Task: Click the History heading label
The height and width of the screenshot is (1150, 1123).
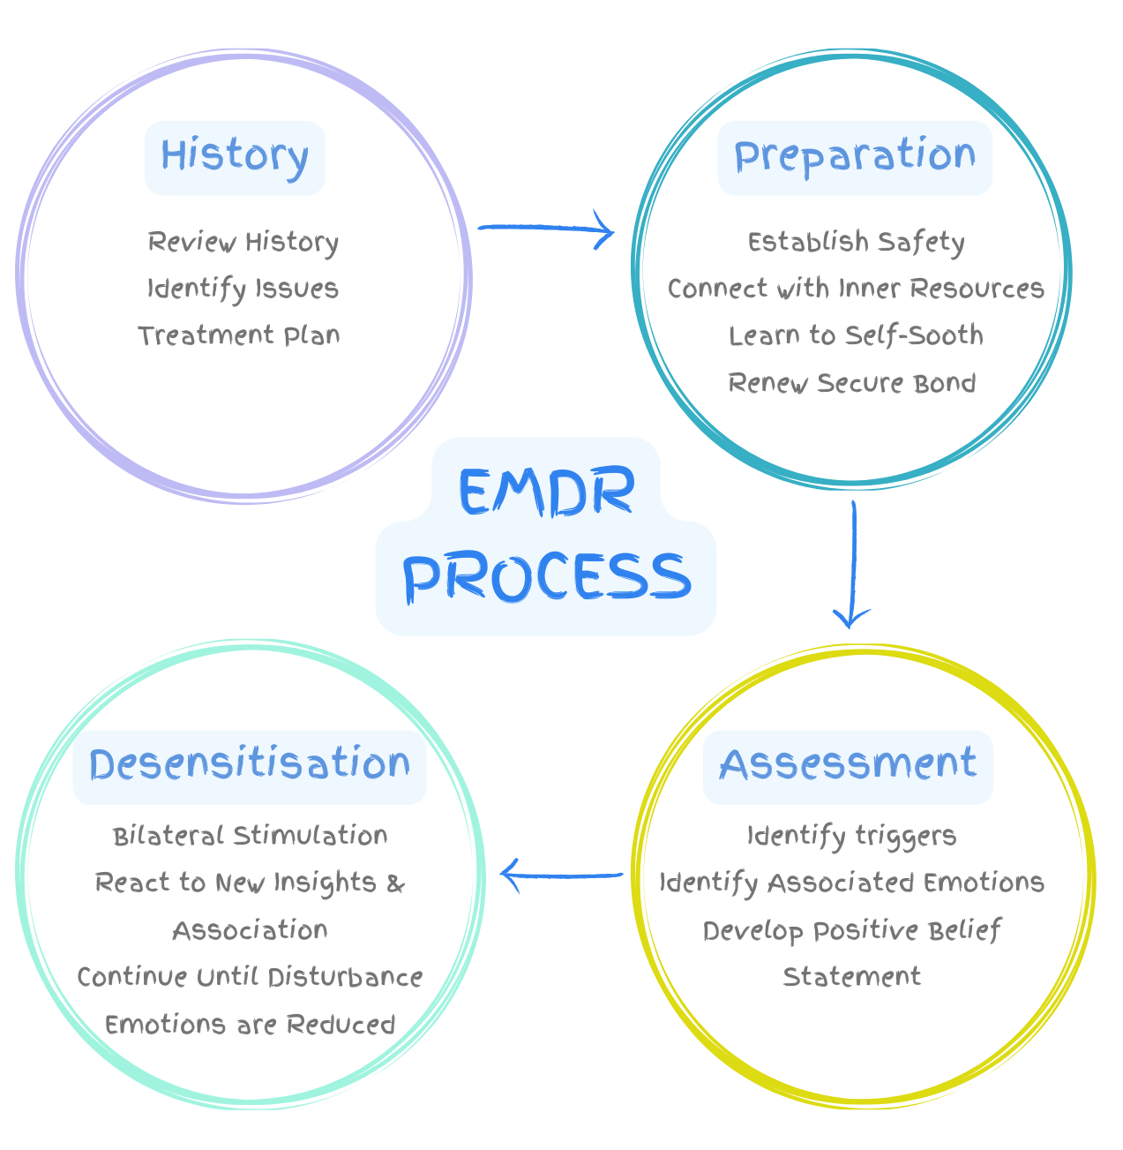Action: pyautogui.click(x=235, y=157)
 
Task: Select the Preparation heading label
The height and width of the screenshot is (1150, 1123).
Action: pyautogui.click(x=855, y=157)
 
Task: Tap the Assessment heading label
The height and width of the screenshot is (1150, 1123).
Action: pyautogui.click(x=848, y=765)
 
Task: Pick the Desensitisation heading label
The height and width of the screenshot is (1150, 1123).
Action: pyautogui.click(x=250, y=765)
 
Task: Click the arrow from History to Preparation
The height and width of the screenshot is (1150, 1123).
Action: pyautogui.click(x=546, y=229)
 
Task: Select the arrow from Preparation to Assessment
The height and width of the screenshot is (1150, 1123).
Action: pyautogui.click(x=852, y=565)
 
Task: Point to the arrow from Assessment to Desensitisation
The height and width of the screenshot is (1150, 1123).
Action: pyautogui.click(x=562, y=875)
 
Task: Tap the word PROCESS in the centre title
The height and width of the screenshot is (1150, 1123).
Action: pyautogui.click(x=546, y=578)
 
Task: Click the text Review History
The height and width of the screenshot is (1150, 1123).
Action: pyautogui.click(x=243, y=242)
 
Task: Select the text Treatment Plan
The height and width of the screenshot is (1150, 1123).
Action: pyautogui.click(x=239, y=335)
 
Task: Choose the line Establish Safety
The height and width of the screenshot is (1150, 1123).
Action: pyautogui.click(x=856, y=242)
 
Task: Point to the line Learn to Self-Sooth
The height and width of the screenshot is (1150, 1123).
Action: pyautogui.click(x=856, y=335)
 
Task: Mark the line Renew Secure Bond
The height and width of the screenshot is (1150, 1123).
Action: pyautogui.click(x=852, y=383)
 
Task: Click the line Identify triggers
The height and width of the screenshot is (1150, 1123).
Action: pyautogui.click(x=851, y=836)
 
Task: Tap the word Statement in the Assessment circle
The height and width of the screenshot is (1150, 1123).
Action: pyautogui.click(x=852, y=976)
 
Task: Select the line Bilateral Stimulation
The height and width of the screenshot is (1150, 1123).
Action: pyautogui.click(x=250, y=836)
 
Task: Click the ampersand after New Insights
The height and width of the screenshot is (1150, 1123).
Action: pyautogui.click(x=396, y=883)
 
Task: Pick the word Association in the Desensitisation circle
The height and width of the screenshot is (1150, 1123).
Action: pyautogui.click(x=250, y=930)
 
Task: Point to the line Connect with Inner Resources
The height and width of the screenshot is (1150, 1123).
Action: pyautogui.click(x=856, y=289)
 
